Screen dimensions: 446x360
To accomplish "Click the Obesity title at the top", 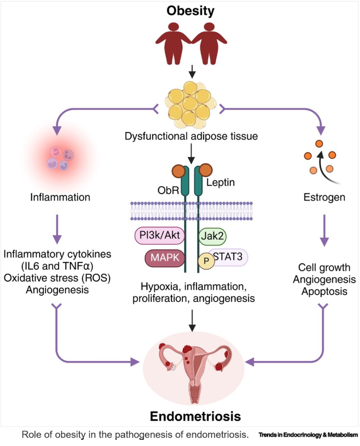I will pos(190,11).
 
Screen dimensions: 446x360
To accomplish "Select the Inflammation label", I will pos(60,197).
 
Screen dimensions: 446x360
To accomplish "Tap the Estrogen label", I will pos(324,197).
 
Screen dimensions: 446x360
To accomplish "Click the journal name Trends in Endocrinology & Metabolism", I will pos(308,435).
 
